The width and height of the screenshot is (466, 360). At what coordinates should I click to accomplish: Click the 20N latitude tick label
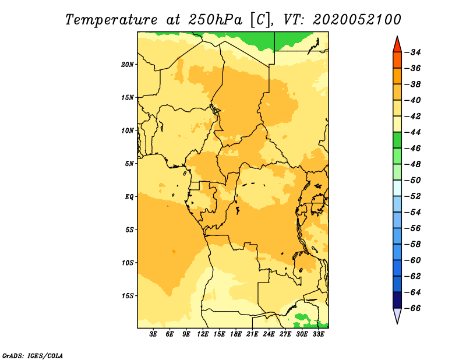click(128, 65)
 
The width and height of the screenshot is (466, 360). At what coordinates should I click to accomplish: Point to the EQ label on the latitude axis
click(129, 197)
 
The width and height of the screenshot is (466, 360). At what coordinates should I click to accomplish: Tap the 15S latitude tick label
click(128, 296)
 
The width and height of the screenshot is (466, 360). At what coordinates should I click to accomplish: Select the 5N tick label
click(129, 164)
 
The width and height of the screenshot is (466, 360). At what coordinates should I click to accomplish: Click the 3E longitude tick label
click(153, 334)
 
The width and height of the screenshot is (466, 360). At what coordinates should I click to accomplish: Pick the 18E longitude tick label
click(236, 334)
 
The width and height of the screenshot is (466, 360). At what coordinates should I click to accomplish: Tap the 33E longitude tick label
click(318, 334)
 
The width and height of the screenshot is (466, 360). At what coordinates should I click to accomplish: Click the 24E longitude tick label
click(269, 334)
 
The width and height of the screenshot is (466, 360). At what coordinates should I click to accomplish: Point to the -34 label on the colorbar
click(413, 52)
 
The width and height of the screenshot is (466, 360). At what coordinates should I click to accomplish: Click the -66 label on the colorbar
click(413, 308)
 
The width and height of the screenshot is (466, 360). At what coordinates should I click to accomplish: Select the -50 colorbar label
click(413, 181)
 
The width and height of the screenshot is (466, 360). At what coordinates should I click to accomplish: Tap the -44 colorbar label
click(413, 132)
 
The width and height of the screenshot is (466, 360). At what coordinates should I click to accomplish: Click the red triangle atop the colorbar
click(397, 45)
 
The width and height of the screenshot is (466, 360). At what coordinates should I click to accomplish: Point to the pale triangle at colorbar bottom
click(397, 315)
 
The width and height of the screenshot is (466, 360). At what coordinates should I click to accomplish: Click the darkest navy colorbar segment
click(397, 300)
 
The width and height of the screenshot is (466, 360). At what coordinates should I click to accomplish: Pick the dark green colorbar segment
click(397, 140)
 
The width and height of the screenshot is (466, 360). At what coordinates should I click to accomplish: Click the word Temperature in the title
click(111, 20)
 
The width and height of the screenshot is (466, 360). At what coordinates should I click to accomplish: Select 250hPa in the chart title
click(215, 20)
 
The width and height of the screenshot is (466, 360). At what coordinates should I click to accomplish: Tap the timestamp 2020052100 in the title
click(357, 20)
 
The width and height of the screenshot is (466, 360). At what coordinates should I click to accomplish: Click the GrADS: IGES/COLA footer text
click(33, 356)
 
